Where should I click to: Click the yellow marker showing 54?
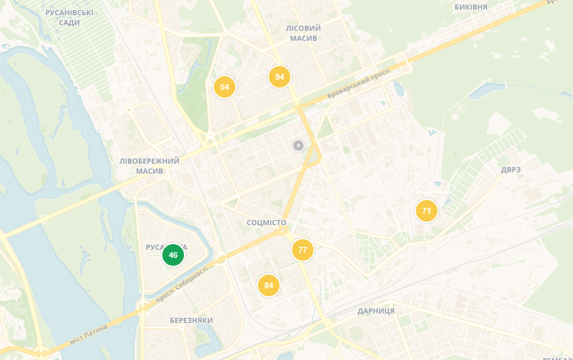click(x=225, y=87)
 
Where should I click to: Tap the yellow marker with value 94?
click(x=280, y=77)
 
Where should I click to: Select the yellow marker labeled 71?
click(x=427, y=212)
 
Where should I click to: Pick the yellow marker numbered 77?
click(x=303, y=250)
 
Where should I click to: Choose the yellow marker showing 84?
click(x=269, y=285)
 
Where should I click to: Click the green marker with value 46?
click(x=173, y=255)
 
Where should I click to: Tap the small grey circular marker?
click(x=298, y=146)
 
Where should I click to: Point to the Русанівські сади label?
click(x=69, y=18)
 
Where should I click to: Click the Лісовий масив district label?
click(x=303, y=33)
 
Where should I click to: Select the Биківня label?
click(x=471, y=7)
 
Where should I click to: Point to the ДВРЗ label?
click(x=511, y=169)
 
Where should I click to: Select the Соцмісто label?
click(x=266, y=222)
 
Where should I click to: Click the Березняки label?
click(x=191, y=320)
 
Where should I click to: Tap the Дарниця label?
click(x=376, y=311)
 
